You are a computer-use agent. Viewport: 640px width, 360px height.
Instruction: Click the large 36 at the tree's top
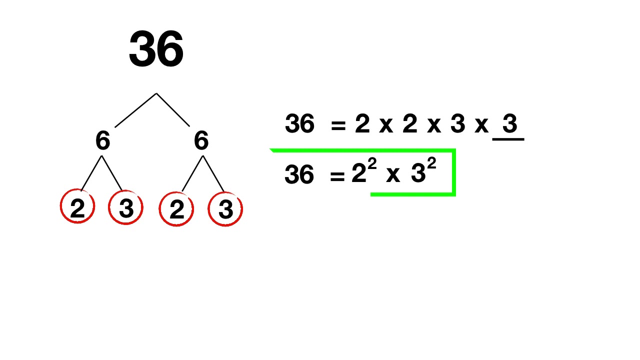pos(156,49)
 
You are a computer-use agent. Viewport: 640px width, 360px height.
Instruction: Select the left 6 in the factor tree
pos(102,141)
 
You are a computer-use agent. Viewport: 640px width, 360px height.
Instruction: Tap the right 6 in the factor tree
pos(201,141)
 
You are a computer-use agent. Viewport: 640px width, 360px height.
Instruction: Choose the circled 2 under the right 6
pos(176,209)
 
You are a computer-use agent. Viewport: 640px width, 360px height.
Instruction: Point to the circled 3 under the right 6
pos(225,209)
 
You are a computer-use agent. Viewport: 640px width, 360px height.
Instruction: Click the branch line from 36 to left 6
pos(135,110)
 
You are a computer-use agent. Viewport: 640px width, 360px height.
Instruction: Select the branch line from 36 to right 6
pos(173,109)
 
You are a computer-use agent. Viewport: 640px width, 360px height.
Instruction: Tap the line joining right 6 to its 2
pos(192,173)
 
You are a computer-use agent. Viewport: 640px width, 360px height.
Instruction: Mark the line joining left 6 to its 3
pos(112,173)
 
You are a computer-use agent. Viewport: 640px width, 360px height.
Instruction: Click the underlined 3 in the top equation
pos(509,123)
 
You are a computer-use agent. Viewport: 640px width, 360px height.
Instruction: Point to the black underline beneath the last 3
pos(508,139)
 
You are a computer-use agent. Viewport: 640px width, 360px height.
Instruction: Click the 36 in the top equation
pos(299,123)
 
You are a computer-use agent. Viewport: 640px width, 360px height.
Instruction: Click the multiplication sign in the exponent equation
pos(393,175)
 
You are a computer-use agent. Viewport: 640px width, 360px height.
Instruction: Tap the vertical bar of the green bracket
pos(453,171)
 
